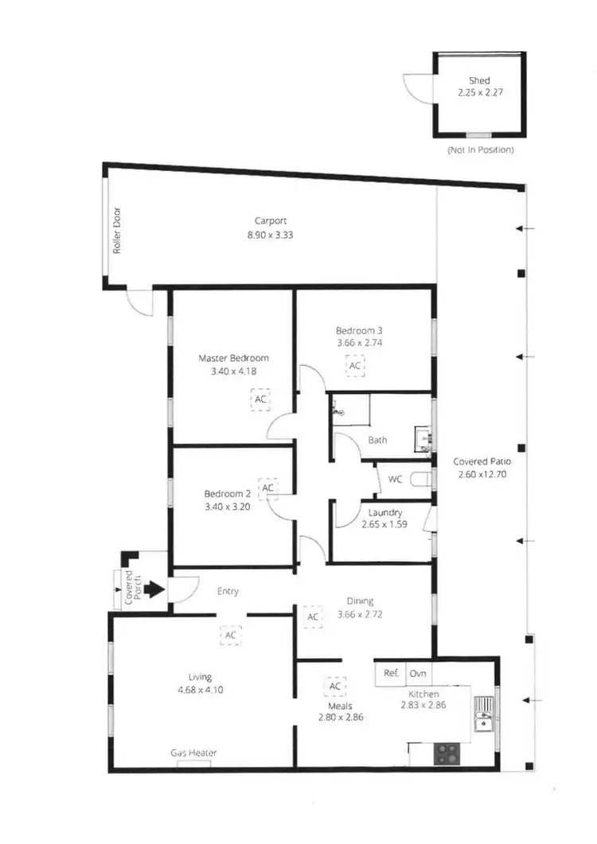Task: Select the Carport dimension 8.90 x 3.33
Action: click(270, 235)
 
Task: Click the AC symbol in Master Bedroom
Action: click(260, 399)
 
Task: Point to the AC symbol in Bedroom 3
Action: click(355, 365)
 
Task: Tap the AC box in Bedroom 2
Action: click(268, 487)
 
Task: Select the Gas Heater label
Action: click(193, 753)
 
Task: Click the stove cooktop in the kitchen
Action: click(444, 753)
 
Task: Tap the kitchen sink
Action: click(483, 713)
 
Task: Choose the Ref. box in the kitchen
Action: click(391, 673)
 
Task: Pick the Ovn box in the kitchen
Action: click(418, 673)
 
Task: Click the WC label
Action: click(395, 479)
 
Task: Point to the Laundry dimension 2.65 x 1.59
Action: click(384, 524)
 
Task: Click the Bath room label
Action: click(377, 439)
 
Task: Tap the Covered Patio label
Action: click(479, 461)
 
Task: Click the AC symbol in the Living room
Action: click(230, 635)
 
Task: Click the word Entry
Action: click(228, 591)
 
